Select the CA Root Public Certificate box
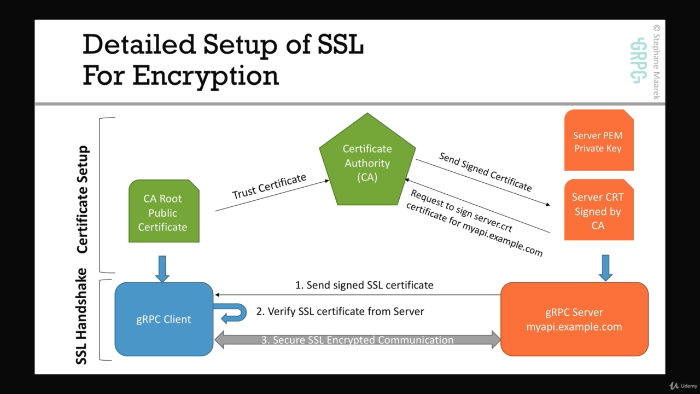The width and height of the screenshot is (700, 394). pyautogui.click(x=164, y=212)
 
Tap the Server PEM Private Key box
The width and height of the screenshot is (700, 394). pyautogui.click(x=598, y=141)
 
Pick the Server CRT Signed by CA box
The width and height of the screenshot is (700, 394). pyautogui.click(x=598, y=211)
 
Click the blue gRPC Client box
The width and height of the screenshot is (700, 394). pyautogui.click(x=164, y=319)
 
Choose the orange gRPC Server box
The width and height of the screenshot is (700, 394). pyautogui.click(x=574, y=320)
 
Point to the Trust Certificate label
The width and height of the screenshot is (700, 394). pyautogui.click(x=269, y=187)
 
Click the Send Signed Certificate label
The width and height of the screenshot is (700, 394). pyautogui.click(x=485, y=172)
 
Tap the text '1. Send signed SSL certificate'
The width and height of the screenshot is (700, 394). pyautogui.click(x=364, y=285)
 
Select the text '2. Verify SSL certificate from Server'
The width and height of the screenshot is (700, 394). pyautogui.click(x=340, y=311)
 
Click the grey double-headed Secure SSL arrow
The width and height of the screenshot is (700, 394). pyautogui.click(x=358, y=340)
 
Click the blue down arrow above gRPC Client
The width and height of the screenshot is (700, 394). pyautogui.click(x=162, y=268)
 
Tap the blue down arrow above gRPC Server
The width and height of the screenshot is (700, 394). pyautogui.click(x=605, y=268)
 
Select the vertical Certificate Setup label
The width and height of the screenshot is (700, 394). pyautogui.click(x=83, y=199)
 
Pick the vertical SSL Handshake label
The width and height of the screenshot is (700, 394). pyautogui.click(x=82, y=316)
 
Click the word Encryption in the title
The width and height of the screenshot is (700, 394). pyautogui.click(x=206, y=76)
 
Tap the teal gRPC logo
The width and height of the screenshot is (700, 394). pyautogui.click(x=638, y=60)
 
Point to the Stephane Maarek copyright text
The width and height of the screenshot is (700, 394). pyautogui.click(x=656, y=62)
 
